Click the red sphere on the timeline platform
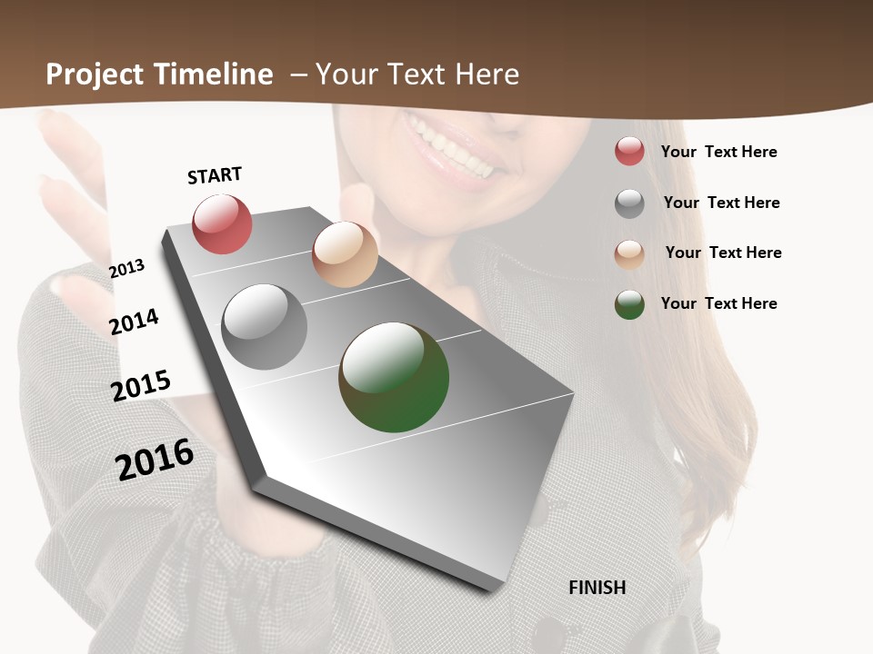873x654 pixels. coord(223,223)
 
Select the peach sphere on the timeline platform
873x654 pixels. coord(345,254)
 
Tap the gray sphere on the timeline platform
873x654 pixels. coord(265,327)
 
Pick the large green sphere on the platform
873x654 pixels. coord(394,377)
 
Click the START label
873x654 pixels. coord(215,175)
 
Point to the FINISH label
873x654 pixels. coord(597,588)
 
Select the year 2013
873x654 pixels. coord(126,268)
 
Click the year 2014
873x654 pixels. coord(135,322)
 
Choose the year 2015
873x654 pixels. coord(141,386)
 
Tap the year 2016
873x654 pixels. coord(155,459)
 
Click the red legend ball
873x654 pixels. coord(629,151)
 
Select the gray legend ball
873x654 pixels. coord(629,203)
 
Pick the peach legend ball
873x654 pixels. coord(629,254)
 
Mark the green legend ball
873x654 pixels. coord(629,304)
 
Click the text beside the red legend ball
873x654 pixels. coord(718,152)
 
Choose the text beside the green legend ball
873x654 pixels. coord(718,303)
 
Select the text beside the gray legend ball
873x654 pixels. coord(721,203)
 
